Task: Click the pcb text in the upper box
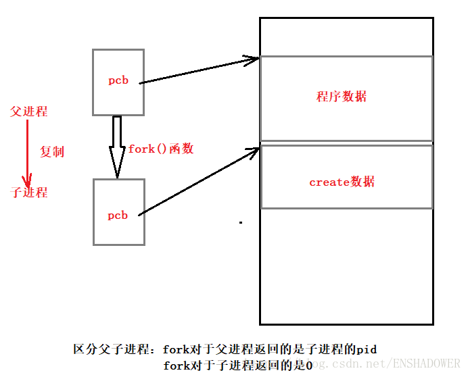118,80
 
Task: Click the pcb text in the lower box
118,216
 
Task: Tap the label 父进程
28,111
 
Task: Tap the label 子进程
29,193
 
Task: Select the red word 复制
51,152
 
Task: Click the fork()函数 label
161,149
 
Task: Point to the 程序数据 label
342,97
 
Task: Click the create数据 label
342,182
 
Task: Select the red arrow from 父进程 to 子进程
27,152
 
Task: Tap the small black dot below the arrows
240,222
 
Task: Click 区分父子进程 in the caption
112,349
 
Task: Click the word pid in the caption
367,349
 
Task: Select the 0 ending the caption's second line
308,366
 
